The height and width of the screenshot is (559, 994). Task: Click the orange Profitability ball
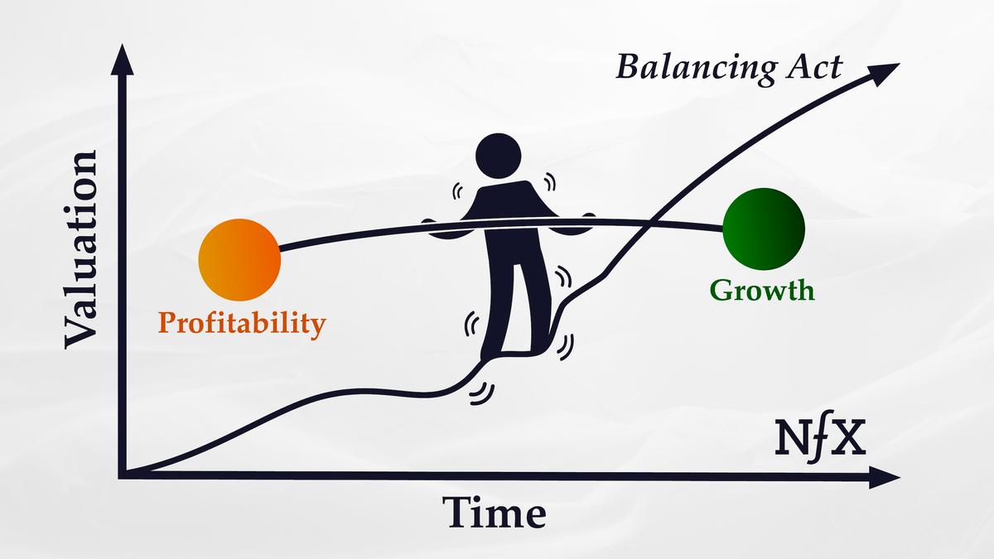point(239,258)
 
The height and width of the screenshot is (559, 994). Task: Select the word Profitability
point(242,322)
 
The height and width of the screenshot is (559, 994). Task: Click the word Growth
point(762,291)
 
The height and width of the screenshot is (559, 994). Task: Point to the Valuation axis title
point(80,248)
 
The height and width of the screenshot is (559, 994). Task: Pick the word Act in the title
point(812,66)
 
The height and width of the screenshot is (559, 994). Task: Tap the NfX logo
point(819,439)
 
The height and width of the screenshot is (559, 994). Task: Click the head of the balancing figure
point(499,157)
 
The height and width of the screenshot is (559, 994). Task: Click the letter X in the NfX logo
point(847,439)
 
